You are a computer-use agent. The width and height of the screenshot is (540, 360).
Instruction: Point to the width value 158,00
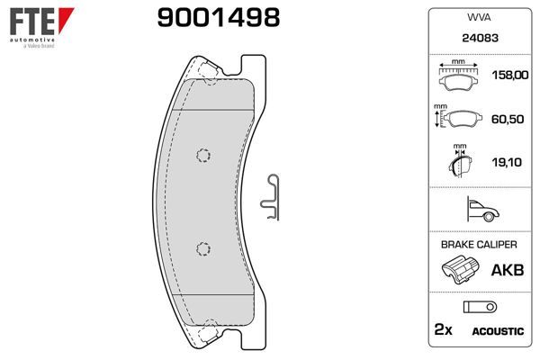(508, 76)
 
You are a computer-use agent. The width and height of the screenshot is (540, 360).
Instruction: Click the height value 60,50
(508, 119)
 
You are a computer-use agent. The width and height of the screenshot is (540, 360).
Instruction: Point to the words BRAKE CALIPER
(479, 245)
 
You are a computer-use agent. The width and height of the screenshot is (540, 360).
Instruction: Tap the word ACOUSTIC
(497, 331)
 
